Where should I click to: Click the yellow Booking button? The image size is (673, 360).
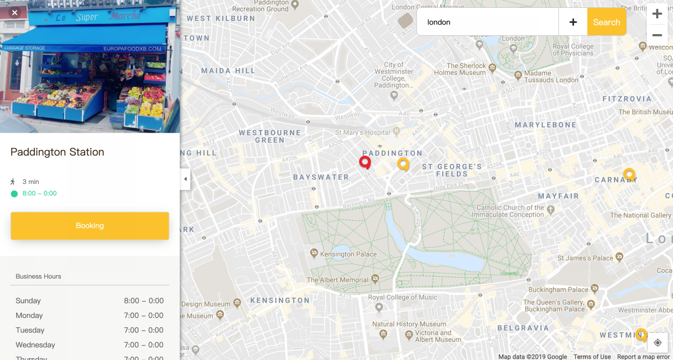[x=89, y=226]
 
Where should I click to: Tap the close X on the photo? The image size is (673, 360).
[x=14, y=12]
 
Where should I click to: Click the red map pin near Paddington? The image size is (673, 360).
[x=365, y=162]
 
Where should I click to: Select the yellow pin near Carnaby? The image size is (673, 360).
[x=629, y=174]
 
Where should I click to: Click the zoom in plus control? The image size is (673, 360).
[x=657, y=14]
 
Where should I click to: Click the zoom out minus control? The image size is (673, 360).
[x=657, y=35]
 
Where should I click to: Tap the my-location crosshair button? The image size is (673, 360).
[x=657, y=342]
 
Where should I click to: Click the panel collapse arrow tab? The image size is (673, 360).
[x=185, y=179]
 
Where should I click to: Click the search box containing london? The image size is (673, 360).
[x=486, y=22]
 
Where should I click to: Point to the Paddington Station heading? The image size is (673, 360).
[x=57, y=152]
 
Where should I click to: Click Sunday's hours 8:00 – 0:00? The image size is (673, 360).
[x=144, y=300]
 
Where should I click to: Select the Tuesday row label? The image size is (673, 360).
[x=30, y=330]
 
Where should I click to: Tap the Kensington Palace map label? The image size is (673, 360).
[x=348, y=254]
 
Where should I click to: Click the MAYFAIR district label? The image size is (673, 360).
[x=558, y=196]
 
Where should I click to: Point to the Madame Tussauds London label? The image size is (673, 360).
[x=551, y=77]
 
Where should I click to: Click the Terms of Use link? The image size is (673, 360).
[x=592, y=356]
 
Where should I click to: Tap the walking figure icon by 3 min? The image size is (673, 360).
[x=13, y=181]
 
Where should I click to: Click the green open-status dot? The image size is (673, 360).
[x=14, y=194]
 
